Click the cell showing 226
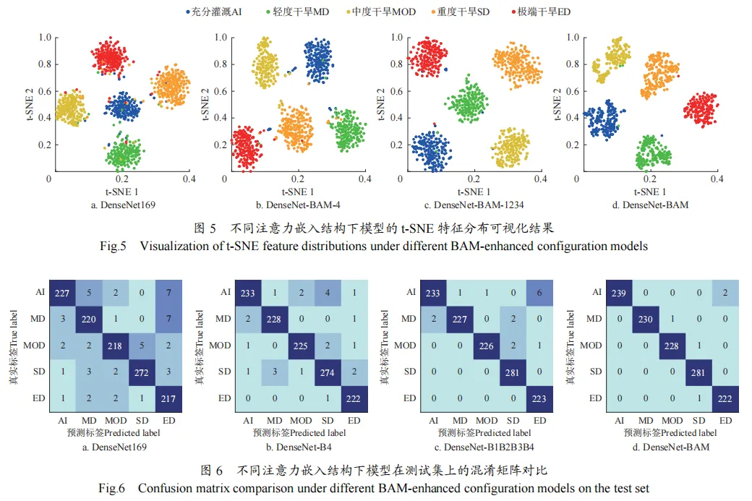tap(487, 345)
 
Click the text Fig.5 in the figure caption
tap(114, 246)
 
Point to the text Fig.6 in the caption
tap(114, 488)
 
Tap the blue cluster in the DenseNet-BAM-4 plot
tap(323, 62)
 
